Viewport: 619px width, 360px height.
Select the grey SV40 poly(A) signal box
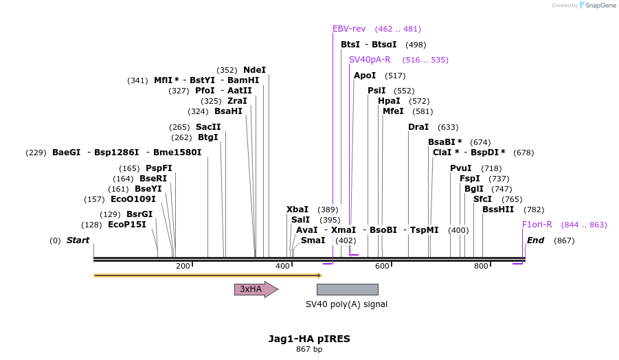pyautogui.click(x=347, y=289)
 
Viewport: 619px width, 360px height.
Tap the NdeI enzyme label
pyautogui.click(x=254, y=70)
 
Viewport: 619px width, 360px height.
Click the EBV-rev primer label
pyautogui.click(x=349, y=29)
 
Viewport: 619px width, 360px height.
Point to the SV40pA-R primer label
pyautogui.click(x=370, y=60)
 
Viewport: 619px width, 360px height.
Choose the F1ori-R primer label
pyautogui.click(x=537, y=225)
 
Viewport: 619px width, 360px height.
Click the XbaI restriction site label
pyautogui.click(x=297, y=210)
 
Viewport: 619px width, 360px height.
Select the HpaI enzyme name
pyautogui.click(x=389, y=101)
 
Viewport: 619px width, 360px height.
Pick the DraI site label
pyautogui.click(x=418, y=127)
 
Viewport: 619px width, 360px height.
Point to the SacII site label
pyautogui.click(x=208, y=127)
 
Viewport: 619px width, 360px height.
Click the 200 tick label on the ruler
pyautogui.click(x=183, y=266)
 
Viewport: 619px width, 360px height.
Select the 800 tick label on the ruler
pyautogui.click(x=481, y=266)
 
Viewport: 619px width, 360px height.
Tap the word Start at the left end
pyautogui.click(x=78, y=240)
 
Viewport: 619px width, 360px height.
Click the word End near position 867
pyautogui.click(x=535, y=240)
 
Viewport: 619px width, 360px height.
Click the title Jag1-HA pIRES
pyautogui.click(x=309, y=339)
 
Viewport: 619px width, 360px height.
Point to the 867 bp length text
pyautogui.click(x=309, y=349)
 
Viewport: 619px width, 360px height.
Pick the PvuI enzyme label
pyautogui.click(x=461, y=168)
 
